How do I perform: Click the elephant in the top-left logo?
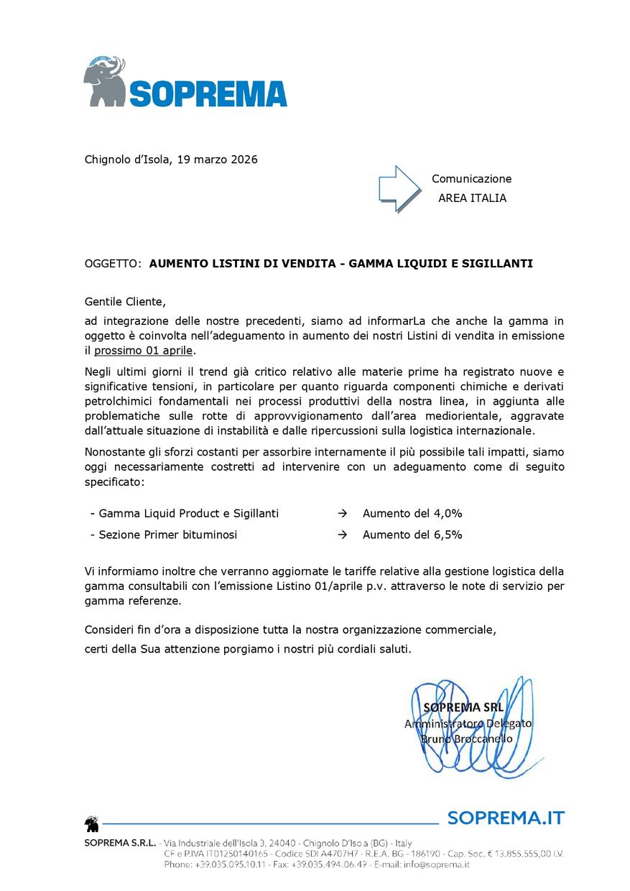click(x=105, y=80)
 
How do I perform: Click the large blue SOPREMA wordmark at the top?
click(x=208, y=93)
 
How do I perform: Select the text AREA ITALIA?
click(x=472, y=198)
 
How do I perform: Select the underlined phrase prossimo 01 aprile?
click(x=144, y=351)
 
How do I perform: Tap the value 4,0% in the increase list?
click(x=448, y=514)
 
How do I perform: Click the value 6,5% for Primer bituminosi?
click(x=448, y=535)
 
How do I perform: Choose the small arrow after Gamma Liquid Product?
click(x=343, y=514)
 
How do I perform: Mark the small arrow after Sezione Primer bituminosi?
click(x=343, y=535)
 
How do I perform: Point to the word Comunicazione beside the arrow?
click(x=471, y=179)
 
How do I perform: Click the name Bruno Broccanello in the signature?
click(x=466, y=739)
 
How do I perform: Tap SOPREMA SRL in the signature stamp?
click(x=464, y=707)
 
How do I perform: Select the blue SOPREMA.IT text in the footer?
click(x=506, y=818)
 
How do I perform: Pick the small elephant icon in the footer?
click(x=92, y=823)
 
